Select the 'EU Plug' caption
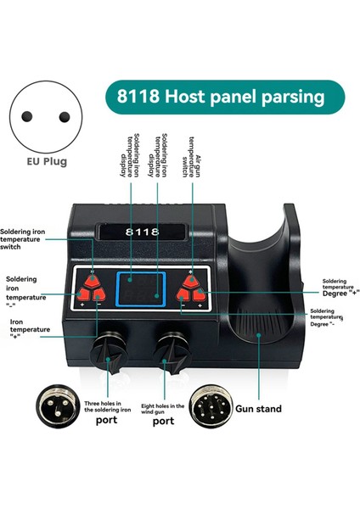coord(45,160)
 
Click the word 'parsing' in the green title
coord(288,98)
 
